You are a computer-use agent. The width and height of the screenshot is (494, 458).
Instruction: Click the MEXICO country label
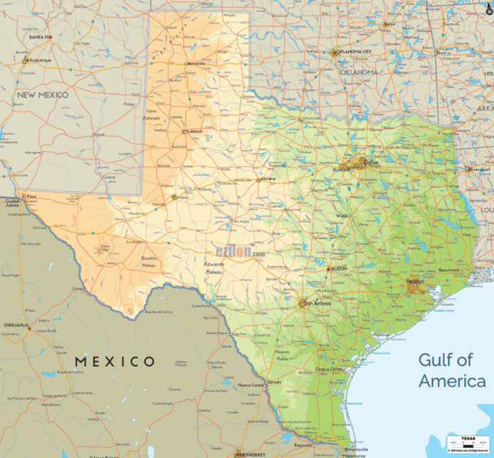pyautogui.click(x=115, y=362)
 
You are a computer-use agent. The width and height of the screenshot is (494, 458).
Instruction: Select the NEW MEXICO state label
pyautogui.click(x=43, y=95)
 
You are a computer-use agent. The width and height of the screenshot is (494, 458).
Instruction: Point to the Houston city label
pyautogui.click(x=415, y=281)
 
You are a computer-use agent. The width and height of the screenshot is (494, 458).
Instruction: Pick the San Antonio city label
pyautogui.click(x=318, y=303)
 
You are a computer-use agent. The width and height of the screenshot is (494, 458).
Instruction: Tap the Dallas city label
pyautogui.click(x=372, y=163)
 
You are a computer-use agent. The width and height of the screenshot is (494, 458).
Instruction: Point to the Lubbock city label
pyautogui.click(x=195, y=131)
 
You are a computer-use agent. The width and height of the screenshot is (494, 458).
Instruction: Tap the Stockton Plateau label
pyautogui.click(x=150, y=261)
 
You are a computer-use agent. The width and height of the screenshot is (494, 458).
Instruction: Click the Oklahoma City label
pyautogui.click(x=354, y=52)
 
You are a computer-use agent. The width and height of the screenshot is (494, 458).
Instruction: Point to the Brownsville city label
pyautogui.click(x=356, y=449)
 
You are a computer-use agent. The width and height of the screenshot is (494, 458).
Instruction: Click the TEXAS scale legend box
pyautogui.click(x=467, y=444)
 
